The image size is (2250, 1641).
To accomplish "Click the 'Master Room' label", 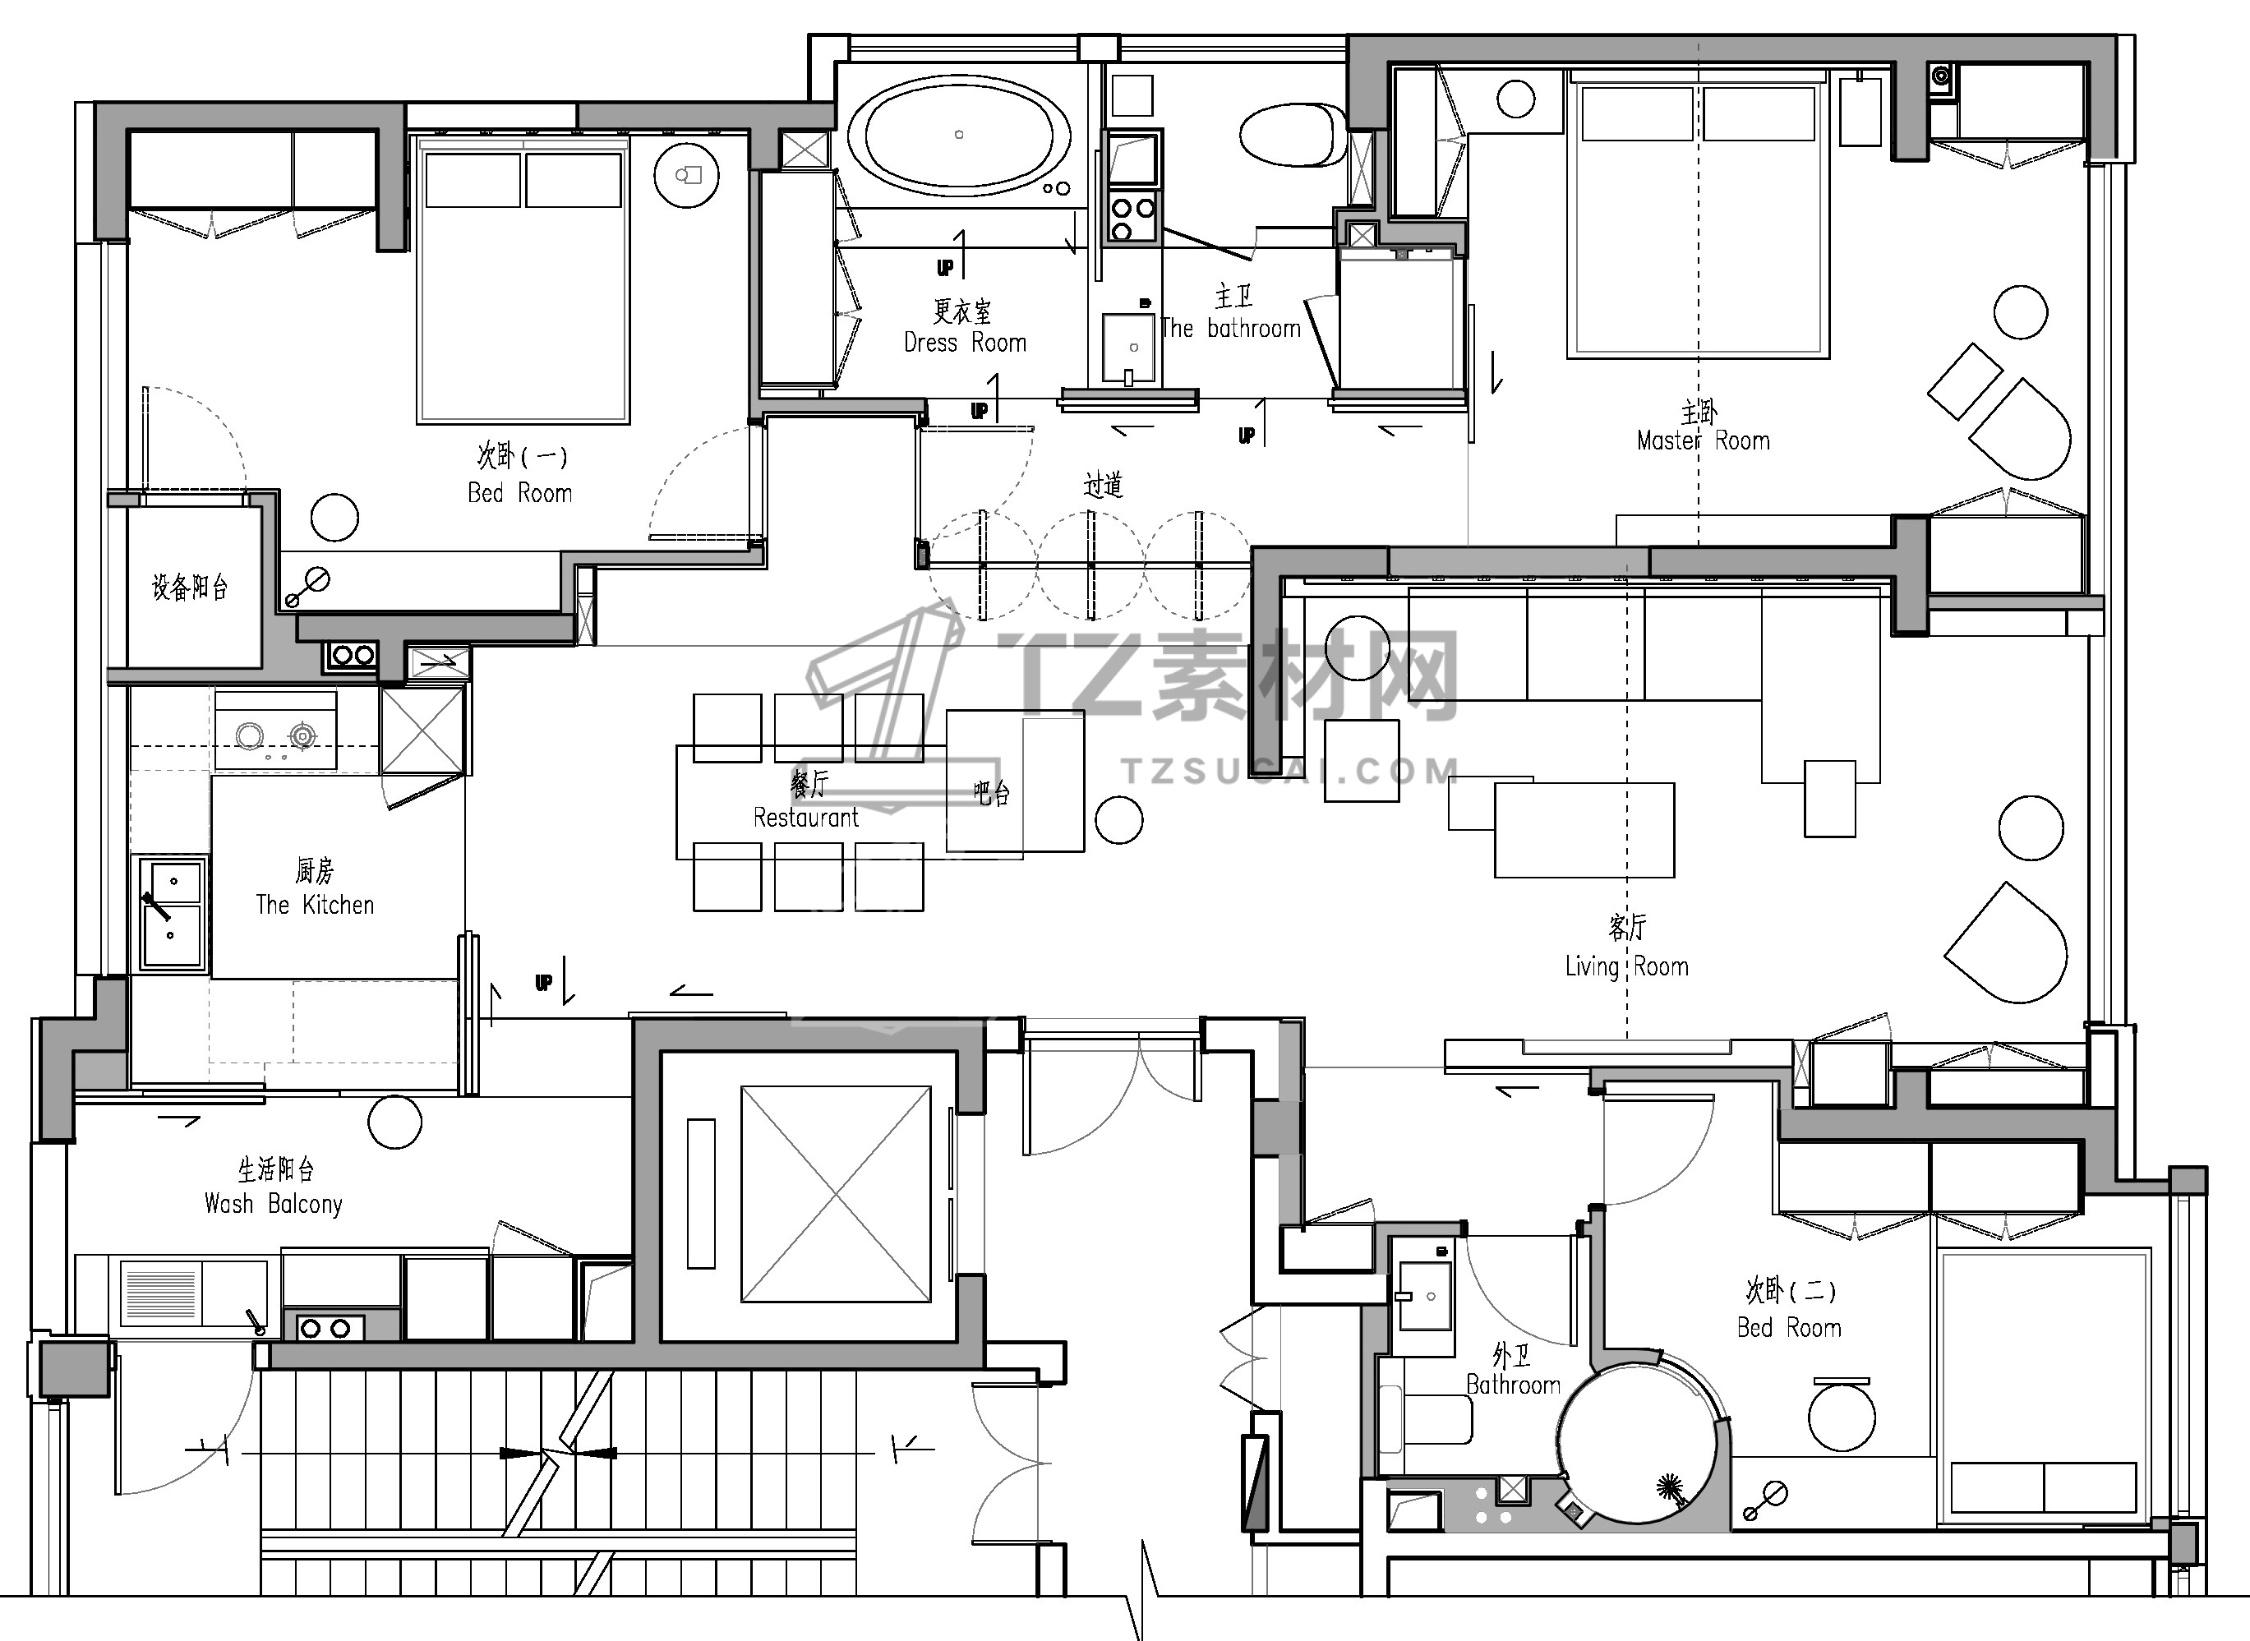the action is click(1703, 441).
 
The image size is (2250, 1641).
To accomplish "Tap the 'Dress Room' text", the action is click(965, 343).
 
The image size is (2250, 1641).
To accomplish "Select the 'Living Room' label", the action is click(1626, 966).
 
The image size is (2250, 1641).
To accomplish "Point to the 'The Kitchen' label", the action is click(315, 905).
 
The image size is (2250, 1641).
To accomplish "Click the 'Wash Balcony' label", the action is click(273, 1204).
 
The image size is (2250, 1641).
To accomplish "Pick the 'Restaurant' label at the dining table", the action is click(805, 818).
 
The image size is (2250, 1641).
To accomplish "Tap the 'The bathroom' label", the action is click(1230, 329).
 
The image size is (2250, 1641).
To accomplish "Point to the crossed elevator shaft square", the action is click(836, 1194).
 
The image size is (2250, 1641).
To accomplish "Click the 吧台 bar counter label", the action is click(991, 793).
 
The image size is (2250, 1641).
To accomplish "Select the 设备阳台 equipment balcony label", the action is click(190, 587).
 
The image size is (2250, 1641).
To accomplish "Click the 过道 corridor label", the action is click(1103, 485).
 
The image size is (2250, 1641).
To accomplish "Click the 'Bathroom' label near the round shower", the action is click(1513, 1385).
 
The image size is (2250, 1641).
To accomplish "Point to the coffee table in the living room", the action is click(1584, 831).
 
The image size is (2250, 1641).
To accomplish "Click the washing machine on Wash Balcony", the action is click(195, 1293).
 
